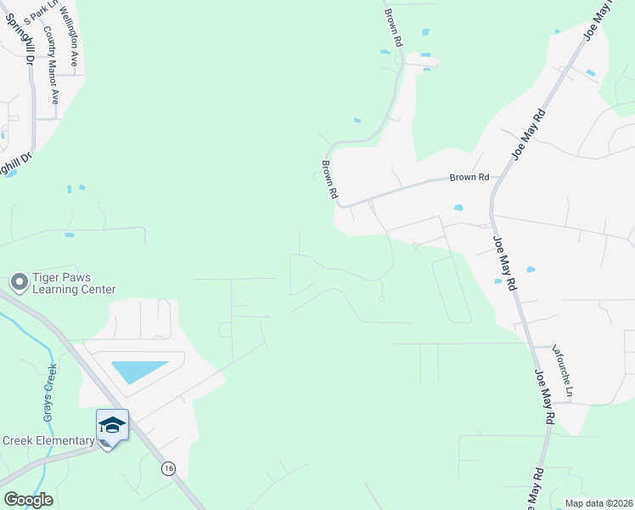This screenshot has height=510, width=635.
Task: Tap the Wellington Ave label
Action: coord(74,35)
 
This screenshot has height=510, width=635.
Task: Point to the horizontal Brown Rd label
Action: coord(469,178)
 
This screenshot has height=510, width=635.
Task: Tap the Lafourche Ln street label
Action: coord(564,371)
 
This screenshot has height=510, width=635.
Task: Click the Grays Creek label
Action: coord(49,394)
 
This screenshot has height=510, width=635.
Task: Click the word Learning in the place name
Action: coord(56,290)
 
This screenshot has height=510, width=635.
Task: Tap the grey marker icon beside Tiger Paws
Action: coord(19,281)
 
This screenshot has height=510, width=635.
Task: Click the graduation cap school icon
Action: coord(112,424)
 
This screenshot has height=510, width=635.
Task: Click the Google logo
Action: coord(28,499)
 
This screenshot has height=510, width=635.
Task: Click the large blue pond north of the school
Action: coord(138,371)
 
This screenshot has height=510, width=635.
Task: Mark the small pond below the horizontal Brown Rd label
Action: coord(459,207)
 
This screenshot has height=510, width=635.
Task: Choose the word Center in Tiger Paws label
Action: coord(98,290)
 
